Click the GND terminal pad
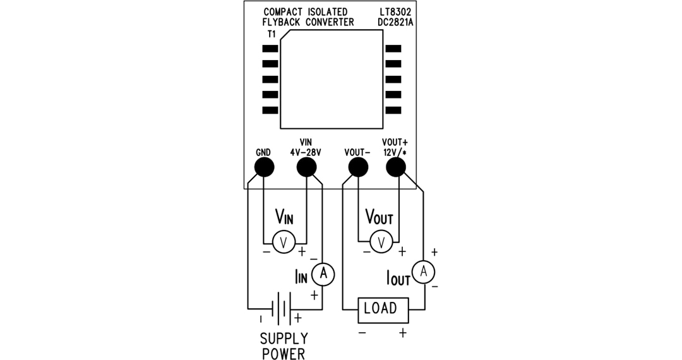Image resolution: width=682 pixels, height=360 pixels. [264, 167]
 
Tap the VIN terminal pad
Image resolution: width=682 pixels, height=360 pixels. [306, 167]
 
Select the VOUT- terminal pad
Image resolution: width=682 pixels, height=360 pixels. [358, 167]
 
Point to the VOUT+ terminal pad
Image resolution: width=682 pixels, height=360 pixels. [395, 167]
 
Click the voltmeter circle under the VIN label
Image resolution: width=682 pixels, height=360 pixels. [284, 242]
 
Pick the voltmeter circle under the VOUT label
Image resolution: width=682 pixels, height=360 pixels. [380, 242]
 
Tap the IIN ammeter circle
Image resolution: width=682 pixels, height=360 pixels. [323, 273]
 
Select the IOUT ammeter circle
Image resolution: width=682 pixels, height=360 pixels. [424, 272]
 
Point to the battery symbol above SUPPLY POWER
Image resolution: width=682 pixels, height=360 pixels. [282, 310]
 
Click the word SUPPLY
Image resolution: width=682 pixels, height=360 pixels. [284, 339]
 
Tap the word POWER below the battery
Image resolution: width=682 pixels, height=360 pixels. [284, 353]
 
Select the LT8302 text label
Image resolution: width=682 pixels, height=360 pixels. [395, 12]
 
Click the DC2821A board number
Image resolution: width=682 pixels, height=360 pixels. [395, 22]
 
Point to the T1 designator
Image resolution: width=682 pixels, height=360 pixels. [272, 33]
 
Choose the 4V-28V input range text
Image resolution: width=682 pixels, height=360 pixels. [306, 152]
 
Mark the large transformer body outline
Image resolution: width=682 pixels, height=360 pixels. [332, 79]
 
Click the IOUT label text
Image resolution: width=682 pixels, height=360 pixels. [398, 277]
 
